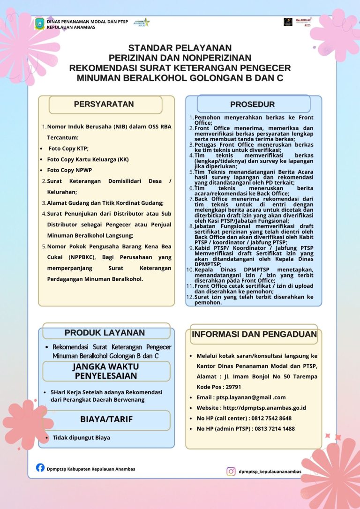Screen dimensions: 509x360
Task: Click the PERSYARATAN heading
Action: pyautogui.click(x=104, y=105)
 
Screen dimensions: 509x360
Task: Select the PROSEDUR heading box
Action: pyautogui.click(x=253, y=104)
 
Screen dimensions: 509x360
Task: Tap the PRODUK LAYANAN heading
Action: pyautogui.click(x=105, y=333)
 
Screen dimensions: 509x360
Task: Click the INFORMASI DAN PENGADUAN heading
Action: pyautogui.click(x=255, y=335)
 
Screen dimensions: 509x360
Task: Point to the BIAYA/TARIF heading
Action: pyautogui.click(x=106, y=419)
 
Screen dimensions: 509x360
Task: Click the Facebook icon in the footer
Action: pyautogui.click(x=40, y=467)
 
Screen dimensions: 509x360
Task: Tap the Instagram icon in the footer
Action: pyautogui.click(x=231, y=471)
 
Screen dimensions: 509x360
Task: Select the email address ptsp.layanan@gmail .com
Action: pyautogui.click(x=248, y=397)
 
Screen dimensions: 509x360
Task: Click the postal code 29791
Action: pyautogui.click(x=232, y=387)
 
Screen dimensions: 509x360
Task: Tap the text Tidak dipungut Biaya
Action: pyautogui.click(x=81, y=438)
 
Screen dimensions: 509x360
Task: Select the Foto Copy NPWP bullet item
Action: pyautogui.click(x=67, y=170)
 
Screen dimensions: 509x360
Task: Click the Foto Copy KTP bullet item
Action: pyautogui.click(x=68, y=149)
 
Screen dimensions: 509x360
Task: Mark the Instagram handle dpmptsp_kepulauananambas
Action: pyautogui.click(x=270, y=472)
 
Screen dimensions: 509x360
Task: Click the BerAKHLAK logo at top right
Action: pyautogui.click(x=304, y=22)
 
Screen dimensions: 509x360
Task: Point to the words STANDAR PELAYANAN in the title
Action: pyautogui.click(x=180, y=48)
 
